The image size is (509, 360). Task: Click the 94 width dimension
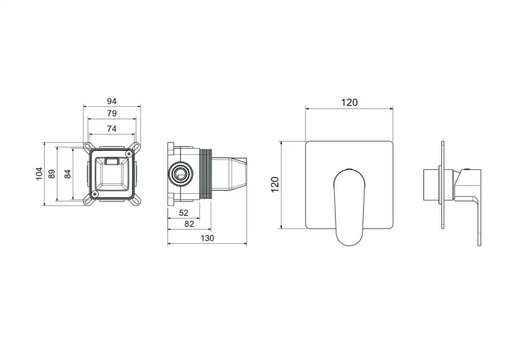(x=112, y=101)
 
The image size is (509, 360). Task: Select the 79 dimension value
(x=112, y=113)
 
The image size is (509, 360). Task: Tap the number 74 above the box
(x=112, y=128)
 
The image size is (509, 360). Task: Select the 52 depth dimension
(x=183, y=213)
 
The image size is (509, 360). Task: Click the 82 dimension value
(x=190, y=224)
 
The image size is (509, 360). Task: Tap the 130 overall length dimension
(x=207, y=238)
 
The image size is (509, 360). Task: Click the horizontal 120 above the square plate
(x=349, y=102)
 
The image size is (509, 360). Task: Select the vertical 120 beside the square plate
(x=274, y=185)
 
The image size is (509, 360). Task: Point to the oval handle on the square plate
(x=350, y=206)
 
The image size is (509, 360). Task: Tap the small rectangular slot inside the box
(x=112, y=160)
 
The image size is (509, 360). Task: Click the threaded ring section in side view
(x=205, y=174)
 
